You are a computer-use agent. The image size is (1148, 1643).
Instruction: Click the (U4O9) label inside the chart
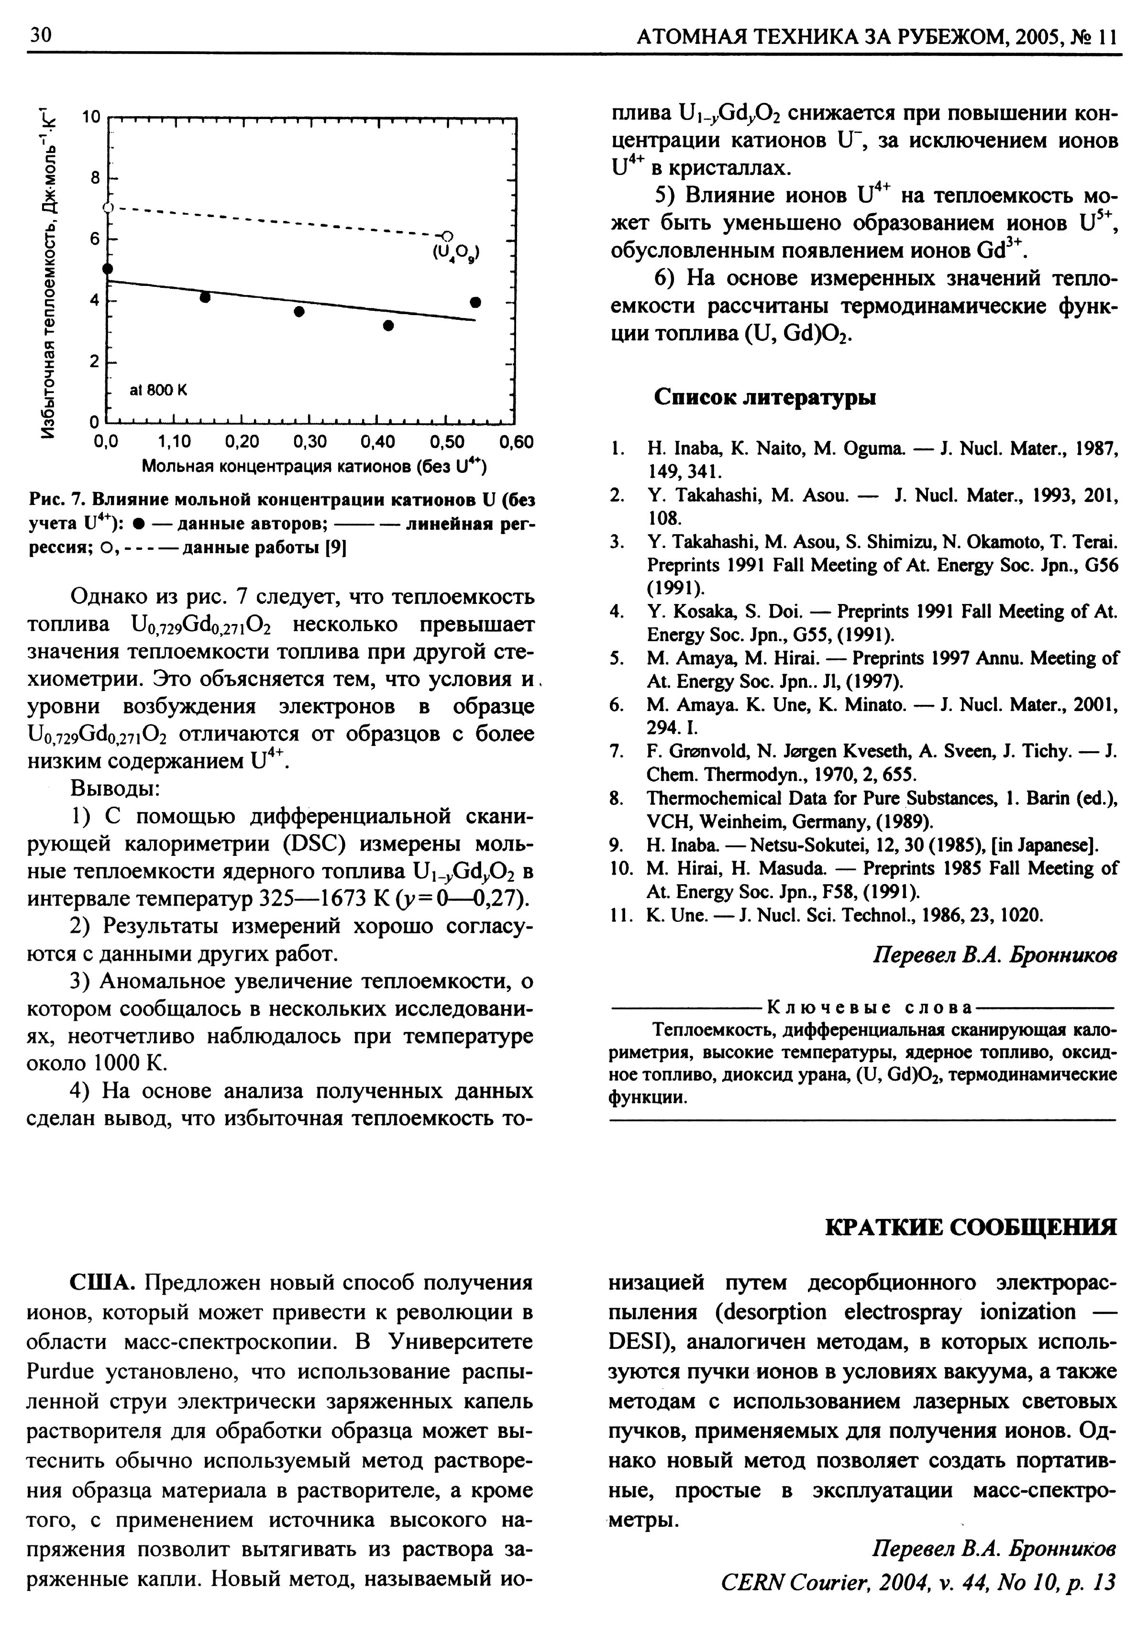pyautogui.click(x=457, y=252)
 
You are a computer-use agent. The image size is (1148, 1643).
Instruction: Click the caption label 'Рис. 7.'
pyautogui.click(x=58, y=499)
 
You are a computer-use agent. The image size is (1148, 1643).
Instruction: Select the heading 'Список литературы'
pyautogui.click(x=764, y=397)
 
